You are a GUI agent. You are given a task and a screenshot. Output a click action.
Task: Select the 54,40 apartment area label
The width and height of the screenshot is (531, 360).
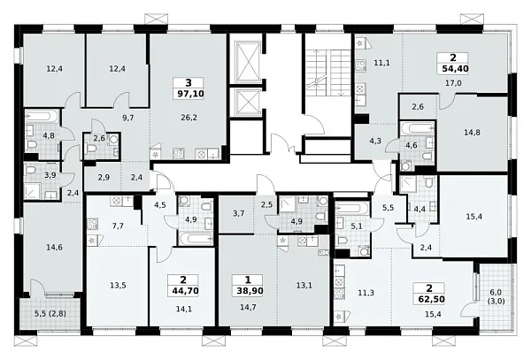pos(456,69)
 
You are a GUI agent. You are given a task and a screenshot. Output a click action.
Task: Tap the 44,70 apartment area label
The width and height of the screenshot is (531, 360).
pos(185,291)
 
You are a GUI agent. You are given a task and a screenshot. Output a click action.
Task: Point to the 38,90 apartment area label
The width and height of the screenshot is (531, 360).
pos(250,291)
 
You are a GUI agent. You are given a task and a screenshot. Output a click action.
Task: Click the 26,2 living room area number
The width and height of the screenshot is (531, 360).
pos(189,118)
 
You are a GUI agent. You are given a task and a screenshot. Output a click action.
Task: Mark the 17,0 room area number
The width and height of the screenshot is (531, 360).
pos(453,83)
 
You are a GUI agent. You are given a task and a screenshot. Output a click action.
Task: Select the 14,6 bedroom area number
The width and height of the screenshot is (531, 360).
pos(54,248)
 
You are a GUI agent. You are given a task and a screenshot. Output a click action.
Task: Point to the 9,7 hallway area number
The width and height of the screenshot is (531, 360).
pos(128,118)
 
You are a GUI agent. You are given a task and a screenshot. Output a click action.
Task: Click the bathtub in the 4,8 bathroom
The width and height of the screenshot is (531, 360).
pos(42,117)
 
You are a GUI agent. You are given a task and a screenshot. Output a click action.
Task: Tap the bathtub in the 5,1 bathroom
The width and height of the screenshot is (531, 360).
pos(352,207)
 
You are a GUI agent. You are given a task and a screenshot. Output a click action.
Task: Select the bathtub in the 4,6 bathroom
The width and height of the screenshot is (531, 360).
pos(417,128)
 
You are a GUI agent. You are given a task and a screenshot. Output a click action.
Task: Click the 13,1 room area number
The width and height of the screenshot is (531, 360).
pos(304,285)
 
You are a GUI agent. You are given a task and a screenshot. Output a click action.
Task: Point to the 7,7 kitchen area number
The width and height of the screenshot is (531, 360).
pos(118,226)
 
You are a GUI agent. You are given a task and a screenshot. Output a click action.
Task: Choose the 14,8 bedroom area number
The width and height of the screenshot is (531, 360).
pos(472,133)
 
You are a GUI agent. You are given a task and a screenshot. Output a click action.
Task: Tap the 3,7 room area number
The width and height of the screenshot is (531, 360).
pos(239,213)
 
